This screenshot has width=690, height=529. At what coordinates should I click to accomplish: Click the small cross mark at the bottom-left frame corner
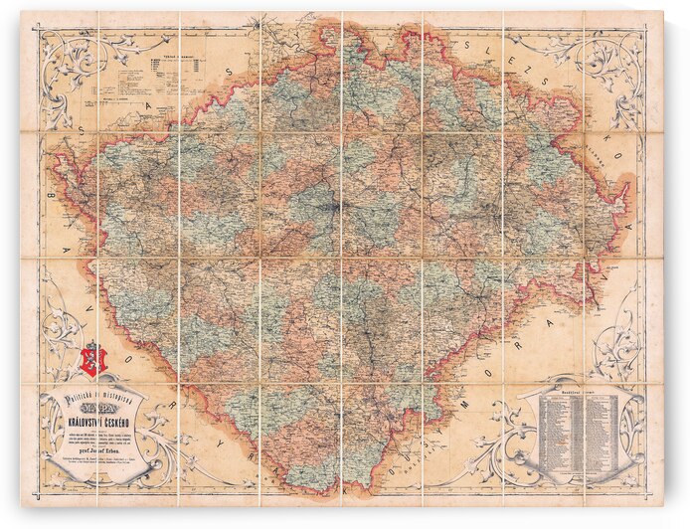39,496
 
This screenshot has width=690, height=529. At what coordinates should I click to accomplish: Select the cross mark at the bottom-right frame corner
649,495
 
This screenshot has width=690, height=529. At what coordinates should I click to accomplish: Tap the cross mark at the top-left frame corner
39,29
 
